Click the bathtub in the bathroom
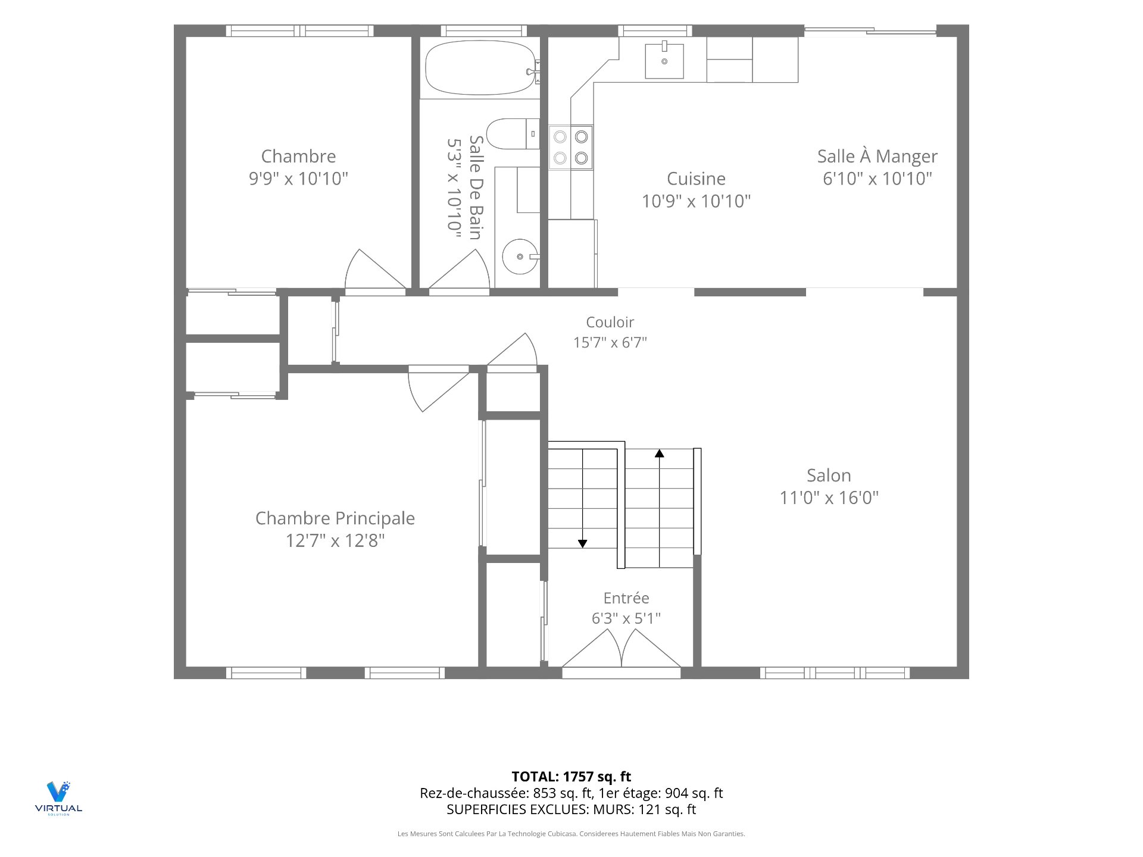(x=480, y=68)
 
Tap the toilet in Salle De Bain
(x=513, y=134)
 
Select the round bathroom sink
(x=520, y=257)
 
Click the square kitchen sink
(x=664, y=61)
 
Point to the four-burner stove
(x=570, y=147)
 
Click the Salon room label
(x=829, y=476)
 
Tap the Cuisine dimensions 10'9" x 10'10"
(x=696, y=201)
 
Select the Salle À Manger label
(x=877, y=156)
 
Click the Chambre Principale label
(x=335, y=518)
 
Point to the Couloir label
(x=610, y=322)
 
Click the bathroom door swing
(x=460, y=271)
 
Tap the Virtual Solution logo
(x=58, y=798)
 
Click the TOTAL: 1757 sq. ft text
(x=571, y=777)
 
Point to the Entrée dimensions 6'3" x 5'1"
(x=626, y=618)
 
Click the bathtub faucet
(x=533, y=71)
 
